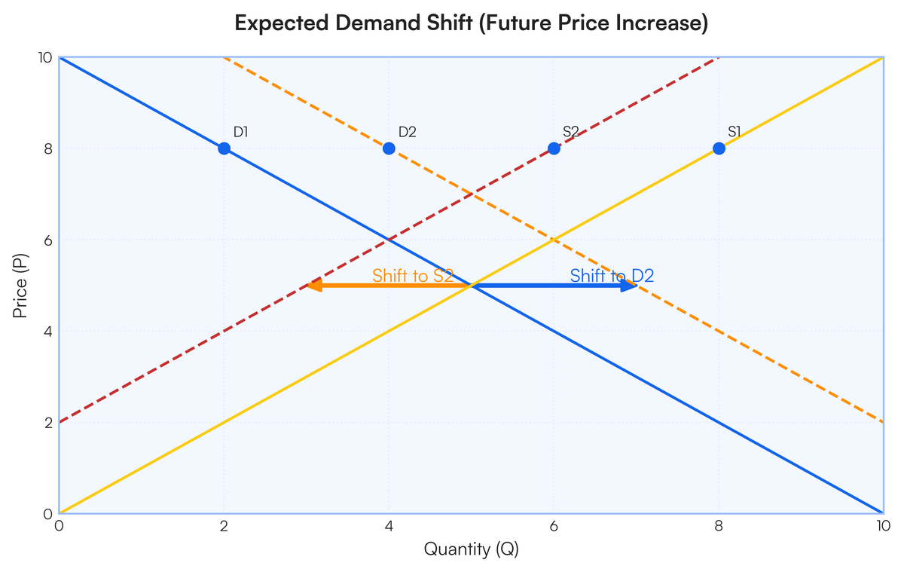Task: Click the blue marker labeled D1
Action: tap(224, 148)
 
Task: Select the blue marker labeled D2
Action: tap(389, 148)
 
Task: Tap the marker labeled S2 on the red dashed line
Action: tap(554, 148)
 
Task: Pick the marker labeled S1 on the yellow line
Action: tap(719, 148)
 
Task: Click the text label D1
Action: tap(240, 132)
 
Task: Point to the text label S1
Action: tap(734, 132)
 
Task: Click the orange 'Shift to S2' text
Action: tap(412, 276)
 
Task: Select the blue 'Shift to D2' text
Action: tap(611, 276)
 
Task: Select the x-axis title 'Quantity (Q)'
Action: tap(471, 549)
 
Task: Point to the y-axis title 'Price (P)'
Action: tap(20, 286)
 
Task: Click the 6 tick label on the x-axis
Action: tap(554, 527)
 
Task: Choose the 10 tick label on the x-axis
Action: tap(882, 527)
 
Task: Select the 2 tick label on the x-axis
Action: tap(224, 527)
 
